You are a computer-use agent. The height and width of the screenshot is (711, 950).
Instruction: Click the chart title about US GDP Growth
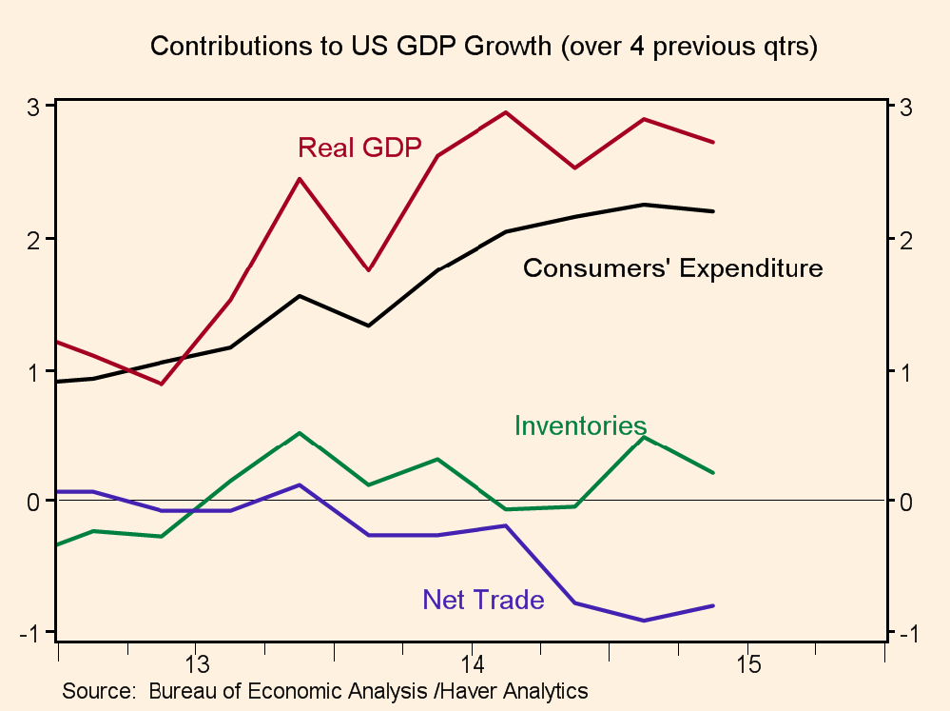click(x=484, y=47)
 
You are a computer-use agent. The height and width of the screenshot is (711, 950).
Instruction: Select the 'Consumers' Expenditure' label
click(x=672, y=268)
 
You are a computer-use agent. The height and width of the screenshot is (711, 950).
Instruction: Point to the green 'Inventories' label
click(x=580, y=425)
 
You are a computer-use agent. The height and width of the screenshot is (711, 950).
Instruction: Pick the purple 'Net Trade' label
click(x=483, y=600)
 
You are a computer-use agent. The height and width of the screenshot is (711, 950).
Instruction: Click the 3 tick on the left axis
click(x=32, y=107)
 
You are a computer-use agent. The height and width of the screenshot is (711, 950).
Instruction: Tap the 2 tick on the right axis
click(x=906, y=239)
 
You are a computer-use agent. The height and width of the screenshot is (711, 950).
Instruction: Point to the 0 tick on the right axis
click(x=906, y=502)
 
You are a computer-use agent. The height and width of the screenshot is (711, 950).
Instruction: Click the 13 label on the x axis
click(x=197, y=662)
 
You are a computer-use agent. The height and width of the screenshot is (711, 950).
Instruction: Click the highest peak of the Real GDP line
click(x=505, y=112)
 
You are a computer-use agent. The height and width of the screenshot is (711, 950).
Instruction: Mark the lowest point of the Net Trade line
click(x=644, y=621)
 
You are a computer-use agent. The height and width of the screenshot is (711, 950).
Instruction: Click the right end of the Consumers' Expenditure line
click(x=713, y=211)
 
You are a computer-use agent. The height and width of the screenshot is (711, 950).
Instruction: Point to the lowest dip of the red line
click(x=162, y=384)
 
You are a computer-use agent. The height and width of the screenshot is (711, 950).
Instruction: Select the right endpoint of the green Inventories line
click(x=713, y=472)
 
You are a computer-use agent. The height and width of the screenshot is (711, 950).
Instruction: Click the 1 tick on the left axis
click(x=32, y=371)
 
